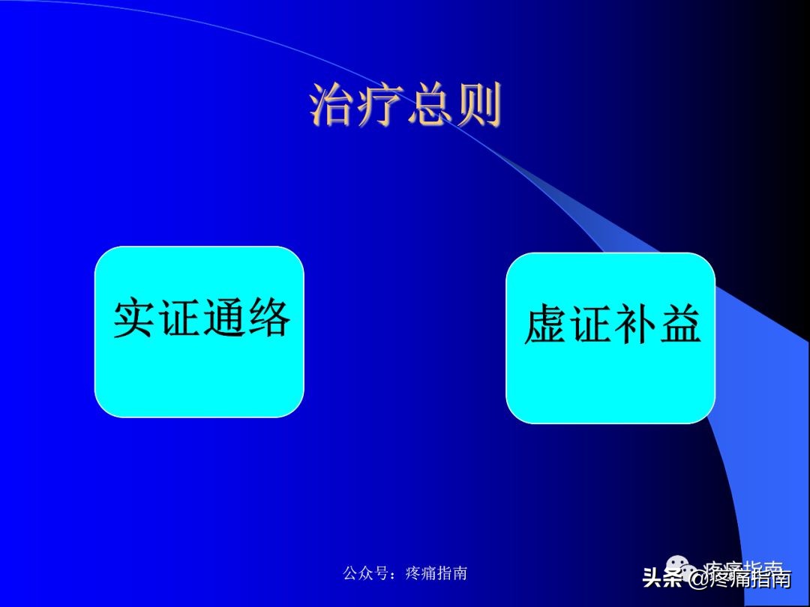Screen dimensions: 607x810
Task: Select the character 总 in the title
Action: [x=429, y=106]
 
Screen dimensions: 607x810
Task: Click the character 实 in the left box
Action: [x=135, y=319]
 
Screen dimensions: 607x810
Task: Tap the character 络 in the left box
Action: [x=268, y=319]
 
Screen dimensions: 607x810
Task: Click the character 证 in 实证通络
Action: [x=179, y=319]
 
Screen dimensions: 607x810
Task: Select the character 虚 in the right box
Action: [x=546, y=326]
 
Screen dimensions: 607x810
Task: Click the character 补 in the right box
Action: [x=634, y=326]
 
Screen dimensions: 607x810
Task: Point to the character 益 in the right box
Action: [x=679, y=326]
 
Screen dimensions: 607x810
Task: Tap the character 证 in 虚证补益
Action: [x=590, y=326]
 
